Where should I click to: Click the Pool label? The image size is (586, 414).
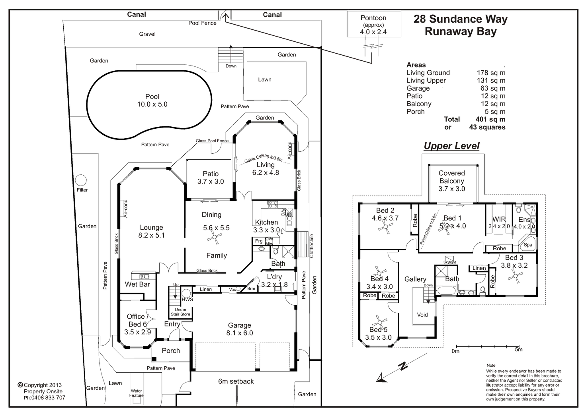click(x=153, y=97)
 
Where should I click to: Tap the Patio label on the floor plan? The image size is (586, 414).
click(x=211, y=174)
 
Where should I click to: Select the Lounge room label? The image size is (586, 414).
click(x=152, y=228)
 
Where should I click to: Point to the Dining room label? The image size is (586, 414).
click(x=211, y=215)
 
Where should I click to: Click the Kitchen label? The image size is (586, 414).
click(x=267, y=222)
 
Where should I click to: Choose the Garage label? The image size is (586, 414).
click(x=239, y=325)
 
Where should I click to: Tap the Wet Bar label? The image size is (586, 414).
click(x=137, y=284)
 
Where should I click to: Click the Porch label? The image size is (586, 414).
click(x=171, y=350)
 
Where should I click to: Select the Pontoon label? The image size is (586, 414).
click(x=373, y=18)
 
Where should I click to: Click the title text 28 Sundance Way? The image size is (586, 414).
click(x=460, y=19)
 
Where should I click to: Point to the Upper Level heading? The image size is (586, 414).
click(x=451, y=146)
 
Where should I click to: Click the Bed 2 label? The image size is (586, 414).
click(x=385, y=211)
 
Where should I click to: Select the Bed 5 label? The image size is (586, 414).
click(x=378, y=330)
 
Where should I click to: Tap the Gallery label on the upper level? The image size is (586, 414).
click(x=415, y=279)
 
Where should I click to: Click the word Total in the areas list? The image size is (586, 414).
click(x=452, y=119)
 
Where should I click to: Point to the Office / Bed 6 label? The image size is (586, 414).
click(x=138, y=320)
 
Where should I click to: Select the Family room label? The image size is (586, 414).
click(x=217, y=255)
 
